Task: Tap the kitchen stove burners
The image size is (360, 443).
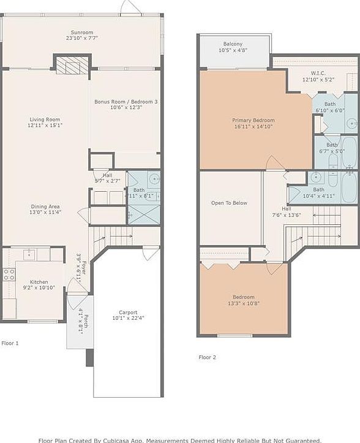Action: coord(9,275)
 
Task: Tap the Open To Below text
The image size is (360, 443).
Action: coord(229,203)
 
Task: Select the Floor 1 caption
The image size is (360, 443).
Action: coord(10,343)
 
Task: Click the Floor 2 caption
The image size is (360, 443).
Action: coord(207,357)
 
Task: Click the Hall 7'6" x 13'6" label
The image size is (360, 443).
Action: coord(287,211)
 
